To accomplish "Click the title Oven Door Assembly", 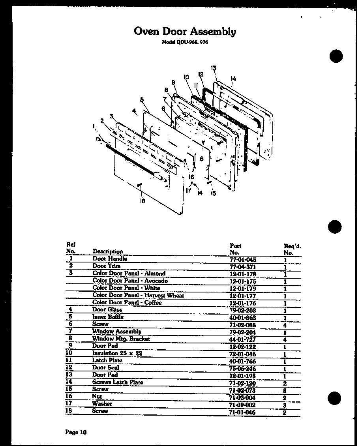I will pyautogui.click(x=185, y=32).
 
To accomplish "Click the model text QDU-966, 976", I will pyautogui.click(x=185, y=43).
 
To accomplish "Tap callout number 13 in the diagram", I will pyautogui.click(x=214, y=68).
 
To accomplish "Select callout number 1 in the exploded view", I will pyautogui.click(x=94, y=126).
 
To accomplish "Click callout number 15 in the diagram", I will pyautogui.click(x=213, y=193).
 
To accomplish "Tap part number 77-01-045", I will pyautogui.click(x=242, y=260).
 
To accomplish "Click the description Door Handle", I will pyautogui.click(x=110, y=259).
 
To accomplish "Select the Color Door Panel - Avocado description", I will pyautogui.click(x=130, y=281).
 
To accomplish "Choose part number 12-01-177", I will pyautogui.click(x=242, y=296).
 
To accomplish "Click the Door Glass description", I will pyautogui.click(x=107, y=310).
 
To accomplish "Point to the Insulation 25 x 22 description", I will pyautogui.click(x=117, y=353).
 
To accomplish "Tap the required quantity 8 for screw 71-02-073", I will pyautogui.click(x=284, y=391).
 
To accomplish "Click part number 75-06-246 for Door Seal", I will pyautogui.click(x=242, y=369).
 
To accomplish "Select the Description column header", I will pyautogui.click(x=108, y=251).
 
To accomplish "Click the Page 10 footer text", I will pyautogui.click(x=75, y=432).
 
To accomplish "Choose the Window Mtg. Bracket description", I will pyautogui.click(x=121, y=339).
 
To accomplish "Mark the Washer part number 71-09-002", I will pyautogui.click(x=242, y=405).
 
